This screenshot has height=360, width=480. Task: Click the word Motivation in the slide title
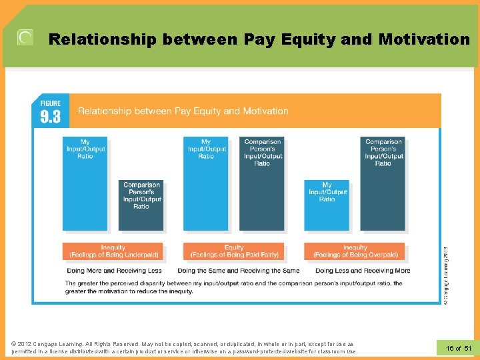click(423, 39)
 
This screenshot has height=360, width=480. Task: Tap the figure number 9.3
click(51, 117)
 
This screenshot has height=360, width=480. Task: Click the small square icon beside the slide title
click(25, 38)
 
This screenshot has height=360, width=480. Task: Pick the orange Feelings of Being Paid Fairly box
click(234, 251)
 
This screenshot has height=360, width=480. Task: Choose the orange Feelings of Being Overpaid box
click(355, 251)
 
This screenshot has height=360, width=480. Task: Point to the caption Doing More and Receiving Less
click(114, 271)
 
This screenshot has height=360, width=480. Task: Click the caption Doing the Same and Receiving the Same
click(238, 271)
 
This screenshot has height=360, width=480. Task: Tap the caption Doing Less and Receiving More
click(363, 271)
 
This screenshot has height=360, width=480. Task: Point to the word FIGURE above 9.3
click(51, 103)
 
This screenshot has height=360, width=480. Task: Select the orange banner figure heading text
click(183, 111)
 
